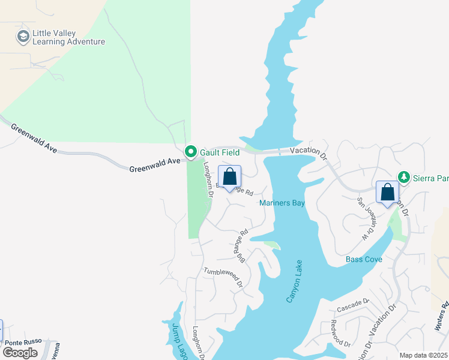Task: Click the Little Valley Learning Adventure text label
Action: [69, 37]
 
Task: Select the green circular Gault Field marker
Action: [191, 152]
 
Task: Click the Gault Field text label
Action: [220, 153]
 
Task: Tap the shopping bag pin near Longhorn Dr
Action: [229, 178]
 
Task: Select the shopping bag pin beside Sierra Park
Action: [387, 193]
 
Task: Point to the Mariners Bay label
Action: [282, 203]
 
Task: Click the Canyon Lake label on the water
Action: [293, 281]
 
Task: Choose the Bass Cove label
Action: [364, 260]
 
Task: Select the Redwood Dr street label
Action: [340, 333]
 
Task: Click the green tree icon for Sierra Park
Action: [405, 177]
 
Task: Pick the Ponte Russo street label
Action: [23, 341]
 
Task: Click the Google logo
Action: [20, 352]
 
